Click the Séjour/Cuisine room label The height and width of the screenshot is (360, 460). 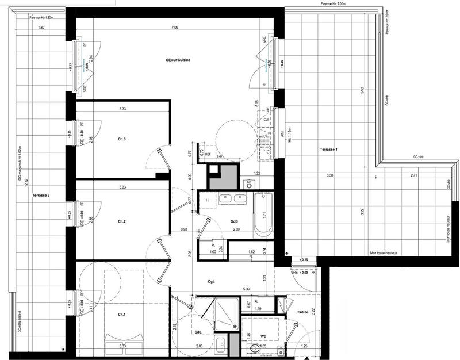tap(179, 60)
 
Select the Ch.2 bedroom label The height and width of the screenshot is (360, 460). tap(122, 221)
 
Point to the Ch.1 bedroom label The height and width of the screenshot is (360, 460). tap(122, 314)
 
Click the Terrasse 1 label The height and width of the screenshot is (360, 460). tap(329, 150)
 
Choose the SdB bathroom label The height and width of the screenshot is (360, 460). tap(235, 221)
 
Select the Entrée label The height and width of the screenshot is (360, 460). tap(303, 312)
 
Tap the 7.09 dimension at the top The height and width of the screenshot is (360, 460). tap(174, 28)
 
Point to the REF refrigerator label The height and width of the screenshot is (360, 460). tap(209, 155)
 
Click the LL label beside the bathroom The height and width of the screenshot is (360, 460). tap(207, 200)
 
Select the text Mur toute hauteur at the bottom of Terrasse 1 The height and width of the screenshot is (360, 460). tap(384, 252)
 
